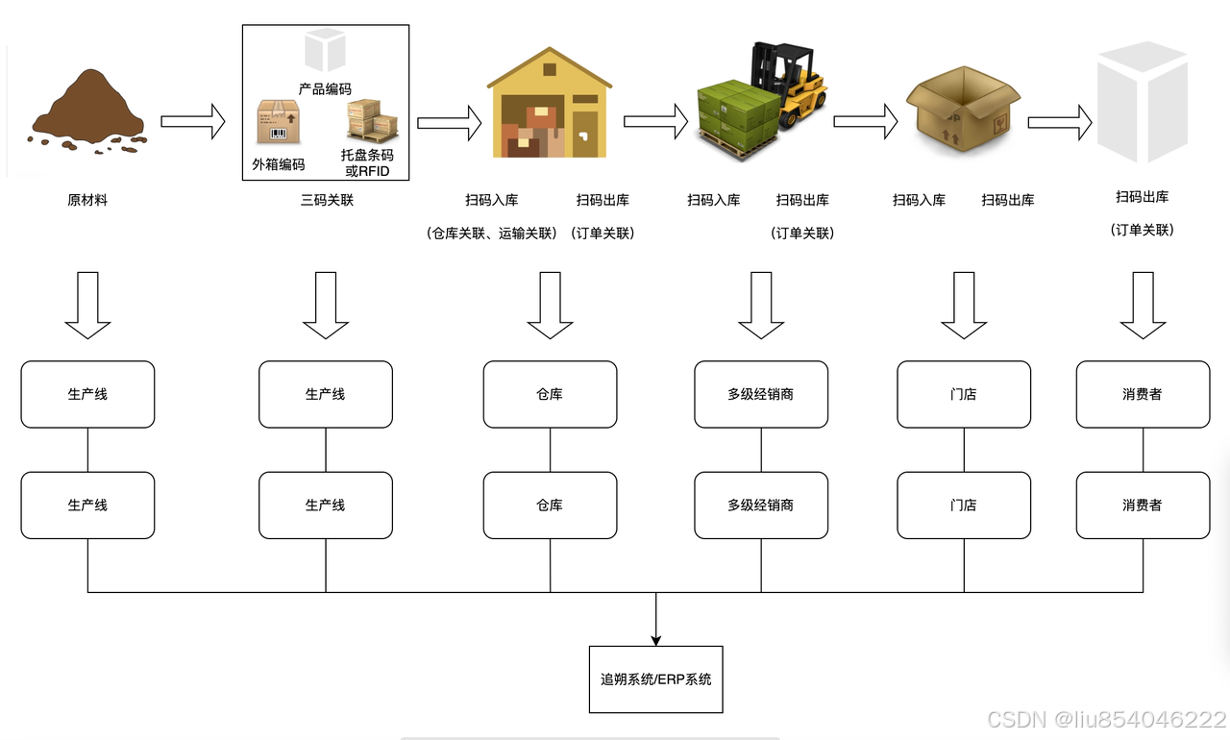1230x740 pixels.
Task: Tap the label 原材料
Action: [87, 201]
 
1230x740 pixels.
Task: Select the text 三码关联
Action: [327, 201]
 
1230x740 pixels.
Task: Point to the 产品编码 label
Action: [325, 89]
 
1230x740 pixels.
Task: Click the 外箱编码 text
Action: [279, 164]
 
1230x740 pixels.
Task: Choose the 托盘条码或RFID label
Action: [367, 163]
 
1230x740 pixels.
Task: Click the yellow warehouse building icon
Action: [549, 106]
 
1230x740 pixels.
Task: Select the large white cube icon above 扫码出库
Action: [1143, 101]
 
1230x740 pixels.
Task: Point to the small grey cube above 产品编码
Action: [325, 49]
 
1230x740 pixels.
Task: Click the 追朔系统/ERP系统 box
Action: [655, 679]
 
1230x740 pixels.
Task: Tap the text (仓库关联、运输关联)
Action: [491, 234]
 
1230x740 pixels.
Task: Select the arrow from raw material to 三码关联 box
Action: [192, 121]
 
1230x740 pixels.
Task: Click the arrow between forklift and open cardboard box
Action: [865, 121]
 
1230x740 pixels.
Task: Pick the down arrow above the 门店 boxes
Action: [964, 305]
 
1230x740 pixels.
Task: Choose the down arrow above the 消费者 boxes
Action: [1143, 305]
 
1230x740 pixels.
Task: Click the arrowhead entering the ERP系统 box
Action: [655, 639]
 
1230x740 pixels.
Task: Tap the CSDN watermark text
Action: [1105, 719]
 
